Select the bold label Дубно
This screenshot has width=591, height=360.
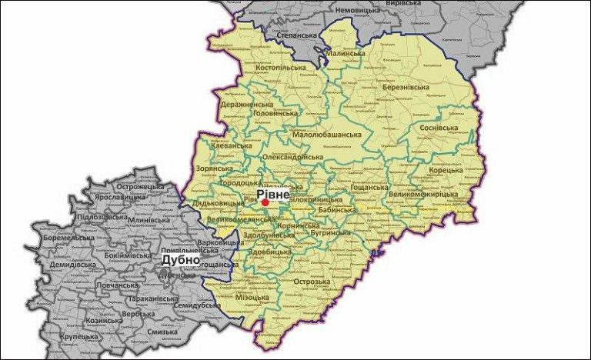[179, 260]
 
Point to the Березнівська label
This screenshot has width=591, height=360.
[408, 88]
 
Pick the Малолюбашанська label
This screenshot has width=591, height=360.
[327, 135]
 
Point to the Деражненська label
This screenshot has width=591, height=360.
[247, 104]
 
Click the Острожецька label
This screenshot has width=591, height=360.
[142, 185]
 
